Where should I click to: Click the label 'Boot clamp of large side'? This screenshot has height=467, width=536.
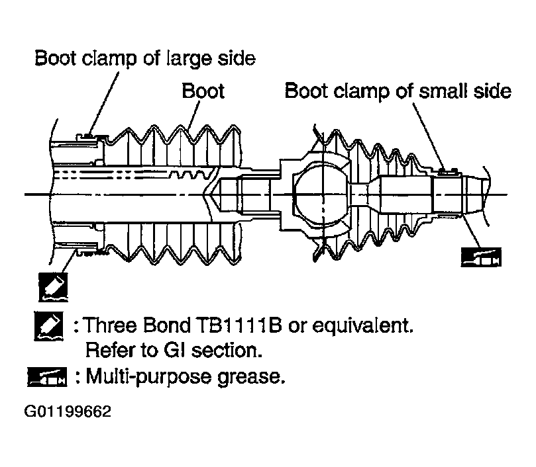click(x=145, y=58)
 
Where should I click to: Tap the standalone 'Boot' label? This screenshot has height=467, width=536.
click(x=203, y=91)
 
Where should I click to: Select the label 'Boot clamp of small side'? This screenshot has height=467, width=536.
click(x=398, y=91)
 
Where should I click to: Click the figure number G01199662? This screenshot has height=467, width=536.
click(x=68, y=411)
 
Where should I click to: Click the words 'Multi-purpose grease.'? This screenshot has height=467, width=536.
click(x=186, y=377)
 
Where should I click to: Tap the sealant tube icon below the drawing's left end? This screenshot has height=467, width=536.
click(x=53, y=287)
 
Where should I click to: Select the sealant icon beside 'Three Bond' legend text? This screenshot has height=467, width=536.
click(x=48, y=325)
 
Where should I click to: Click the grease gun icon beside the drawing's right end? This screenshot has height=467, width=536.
click(x=481, y=257)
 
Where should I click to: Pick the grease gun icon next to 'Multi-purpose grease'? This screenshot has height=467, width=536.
click(x=47, y=377)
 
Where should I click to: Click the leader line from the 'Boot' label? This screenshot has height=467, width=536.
click(x=193, y=115)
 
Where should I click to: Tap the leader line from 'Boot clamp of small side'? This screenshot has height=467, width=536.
click(x=428, y=136)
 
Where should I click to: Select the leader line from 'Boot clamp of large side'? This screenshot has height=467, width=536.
click(x=104, y=103)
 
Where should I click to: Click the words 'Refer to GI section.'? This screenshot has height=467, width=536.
click(x=174, y=351)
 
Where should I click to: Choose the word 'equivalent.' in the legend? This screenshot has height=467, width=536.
click(x=363, y=325)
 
